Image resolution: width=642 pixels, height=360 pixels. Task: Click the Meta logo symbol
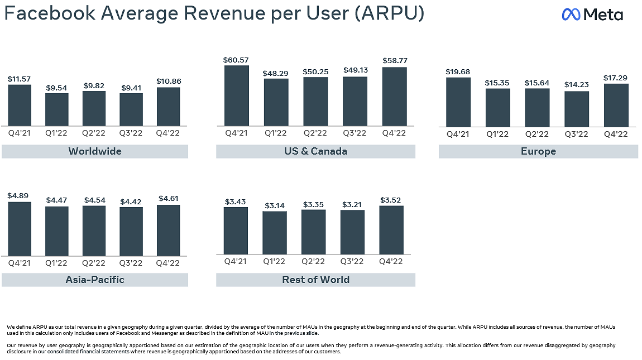tap(571, 15)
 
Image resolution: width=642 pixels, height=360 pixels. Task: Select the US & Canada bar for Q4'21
tap(237, 95)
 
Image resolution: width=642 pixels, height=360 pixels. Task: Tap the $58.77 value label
tap(395, 60)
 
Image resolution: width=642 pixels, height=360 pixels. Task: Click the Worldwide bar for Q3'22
tap(131, 109)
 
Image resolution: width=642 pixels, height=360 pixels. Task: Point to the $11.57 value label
tap(20, 79)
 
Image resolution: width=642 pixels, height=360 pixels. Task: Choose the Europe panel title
tap(538, 152)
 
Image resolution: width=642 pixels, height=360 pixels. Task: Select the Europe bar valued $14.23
tap(576, 109)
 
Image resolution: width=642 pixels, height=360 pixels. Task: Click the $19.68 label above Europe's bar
tap(458, 71)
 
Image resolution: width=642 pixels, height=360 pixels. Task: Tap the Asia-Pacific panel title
tap(95, 280)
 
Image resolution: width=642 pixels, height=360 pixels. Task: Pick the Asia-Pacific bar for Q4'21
tap(20, 229)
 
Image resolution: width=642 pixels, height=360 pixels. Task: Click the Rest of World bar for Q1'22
tap(275, 233)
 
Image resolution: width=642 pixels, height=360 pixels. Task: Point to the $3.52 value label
tap(391, 200)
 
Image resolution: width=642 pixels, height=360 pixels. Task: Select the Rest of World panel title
tap(315, 280)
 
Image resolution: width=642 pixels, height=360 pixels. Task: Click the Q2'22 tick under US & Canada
tap(315, 133)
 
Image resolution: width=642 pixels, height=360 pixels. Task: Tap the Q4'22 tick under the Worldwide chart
tap(168, 133)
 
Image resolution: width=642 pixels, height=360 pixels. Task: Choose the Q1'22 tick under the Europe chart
tap(497, 135)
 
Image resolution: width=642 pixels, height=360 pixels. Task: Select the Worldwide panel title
tap(95, 151)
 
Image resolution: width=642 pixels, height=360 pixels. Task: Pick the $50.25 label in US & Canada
tap(315, 71)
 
